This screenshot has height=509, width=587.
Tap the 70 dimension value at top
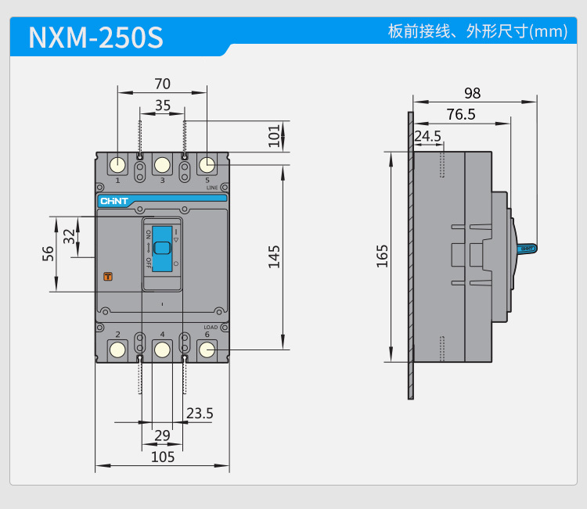(x=162, y=84)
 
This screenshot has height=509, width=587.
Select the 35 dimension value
(x=162, y=106)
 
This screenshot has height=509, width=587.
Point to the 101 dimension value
(x=273, y=135)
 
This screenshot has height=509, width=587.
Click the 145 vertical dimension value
(x=273, y=256)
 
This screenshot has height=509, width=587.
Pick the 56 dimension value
(x=49, y=254)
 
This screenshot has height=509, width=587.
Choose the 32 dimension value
(x=70, y=236)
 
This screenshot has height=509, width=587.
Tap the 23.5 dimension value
(x=200, y=413)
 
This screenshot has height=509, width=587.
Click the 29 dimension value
(x=162, y=435)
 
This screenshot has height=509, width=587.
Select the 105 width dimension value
(x=162, y=457)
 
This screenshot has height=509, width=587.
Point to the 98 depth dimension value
(x=472, y=92)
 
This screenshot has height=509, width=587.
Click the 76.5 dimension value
(x=461, y=114)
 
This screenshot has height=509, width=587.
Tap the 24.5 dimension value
(x=427, y=136)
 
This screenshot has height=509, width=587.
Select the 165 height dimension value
(x=382, y=256)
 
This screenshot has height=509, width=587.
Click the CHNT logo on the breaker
(x=114, y=201)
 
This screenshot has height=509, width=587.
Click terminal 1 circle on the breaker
(x=117, y=165)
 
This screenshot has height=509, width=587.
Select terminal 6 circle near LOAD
(x=207, y=349)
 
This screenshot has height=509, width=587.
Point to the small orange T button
(x=108, y=276)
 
